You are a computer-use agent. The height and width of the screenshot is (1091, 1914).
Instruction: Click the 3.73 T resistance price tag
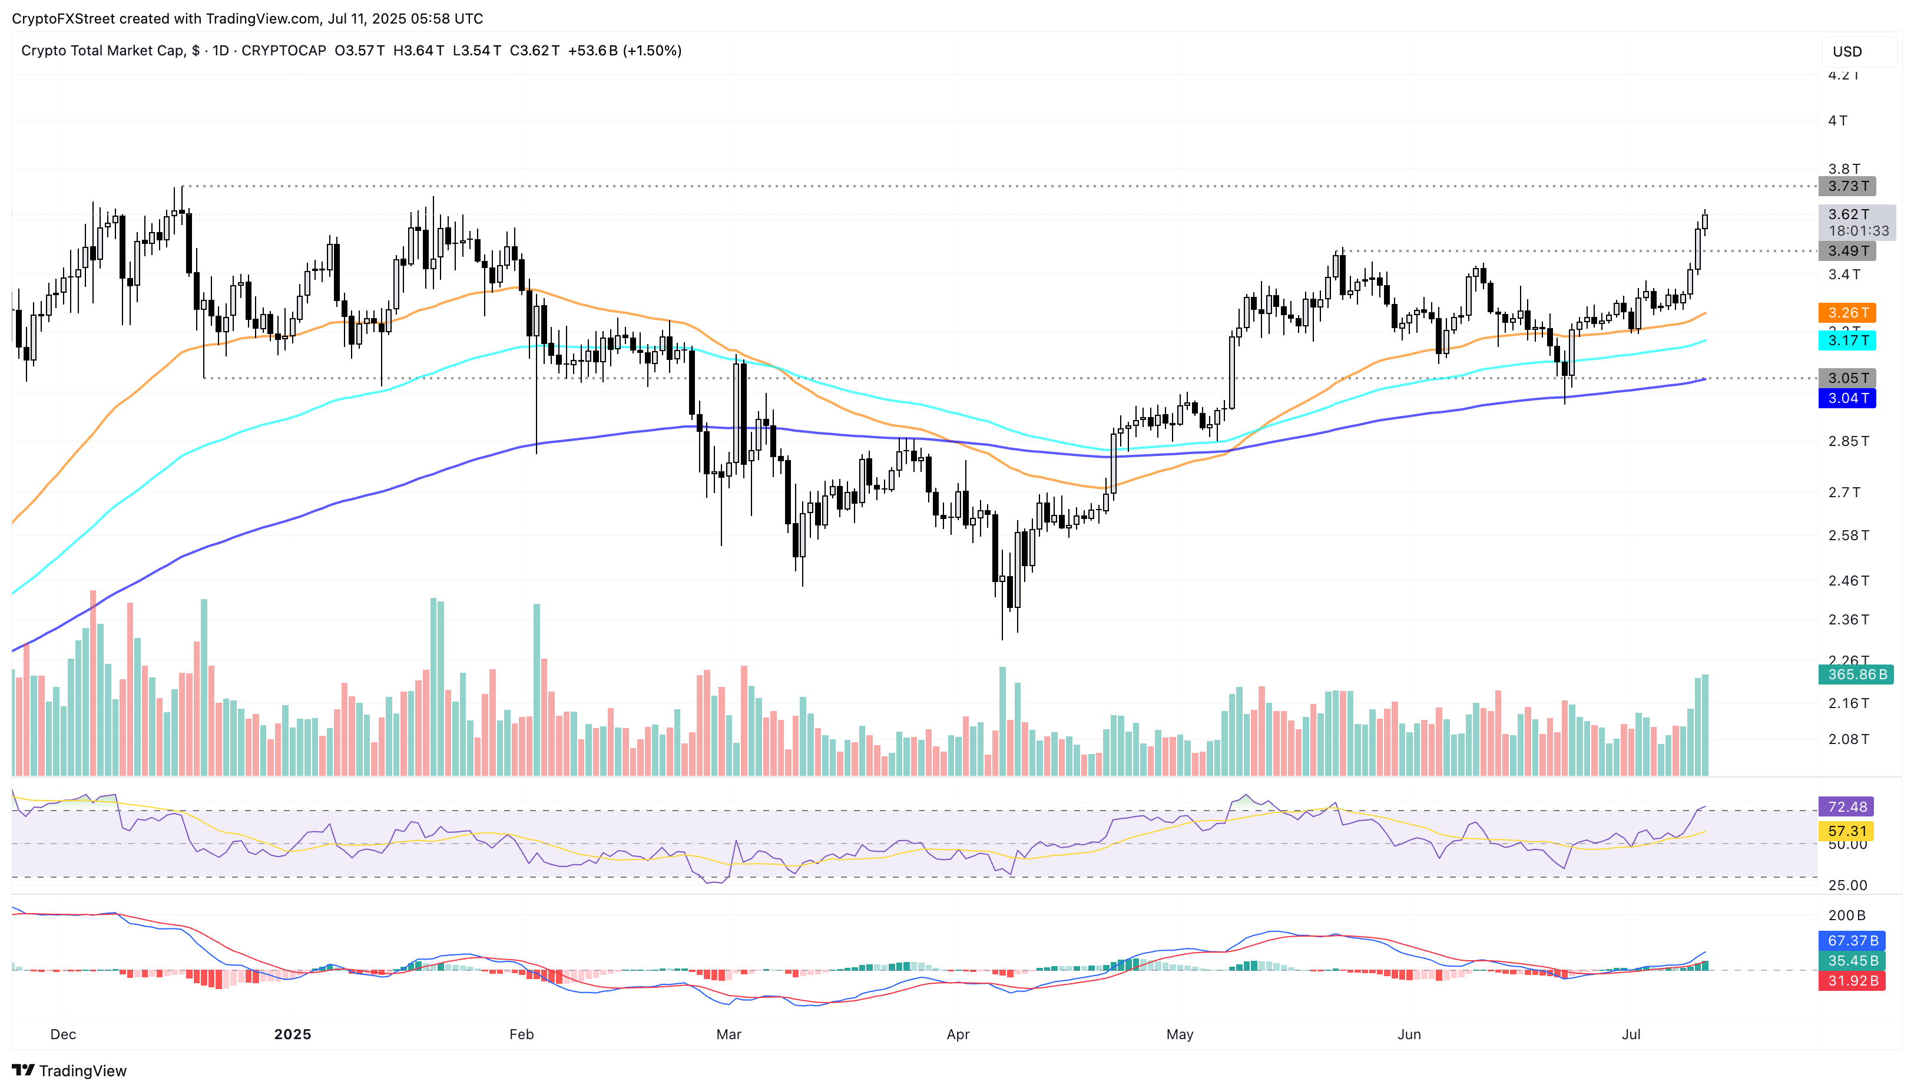pyautogui.click(x=1847, y=186)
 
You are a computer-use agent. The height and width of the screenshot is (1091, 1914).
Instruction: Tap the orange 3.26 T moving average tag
pyautogui.click(x=1847, y=312)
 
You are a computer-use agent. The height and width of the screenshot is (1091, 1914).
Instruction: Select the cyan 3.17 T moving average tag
pyautogui.click(x=1847, y=340)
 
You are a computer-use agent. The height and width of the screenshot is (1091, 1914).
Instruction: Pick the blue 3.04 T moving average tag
pyautogui.click(x=1847, y=398)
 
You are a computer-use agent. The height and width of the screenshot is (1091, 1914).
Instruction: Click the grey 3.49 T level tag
pyautogui.click(x=1847, y=251)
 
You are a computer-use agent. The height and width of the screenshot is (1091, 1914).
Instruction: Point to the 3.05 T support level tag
pyautogui.click(x=1847, y=378)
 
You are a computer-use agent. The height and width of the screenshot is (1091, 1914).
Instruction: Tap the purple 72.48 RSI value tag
pyautogui.click(x=1847, y=806)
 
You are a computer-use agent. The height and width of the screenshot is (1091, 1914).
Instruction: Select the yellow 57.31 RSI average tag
pyautogui.click(x=1847, y=831)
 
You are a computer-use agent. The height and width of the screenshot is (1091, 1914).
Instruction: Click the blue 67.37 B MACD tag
pyautogui.click(x=1852, y=940)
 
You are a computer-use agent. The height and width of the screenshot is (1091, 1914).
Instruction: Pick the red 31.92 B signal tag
pyautogui.click(x=1852, y=981)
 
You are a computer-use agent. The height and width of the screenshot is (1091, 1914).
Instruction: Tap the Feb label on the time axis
pyautogui.click(x=521, y=1034)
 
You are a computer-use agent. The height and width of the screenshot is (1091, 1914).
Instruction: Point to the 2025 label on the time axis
pyautogui.click(x=292, y=1034)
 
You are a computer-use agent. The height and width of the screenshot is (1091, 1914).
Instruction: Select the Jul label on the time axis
pyautogui.click(x=1631, y=1034)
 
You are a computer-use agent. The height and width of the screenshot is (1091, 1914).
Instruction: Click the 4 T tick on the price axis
pyautogui.click(x=1837, y=121)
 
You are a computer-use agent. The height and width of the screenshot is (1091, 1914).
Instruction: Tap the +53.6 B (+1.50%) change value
pyautogui.click(x=625, y=51)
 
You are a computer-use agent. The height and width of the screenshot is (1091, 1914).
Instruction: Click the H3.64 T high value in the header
pyautogui.click(x=418, y=51)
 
